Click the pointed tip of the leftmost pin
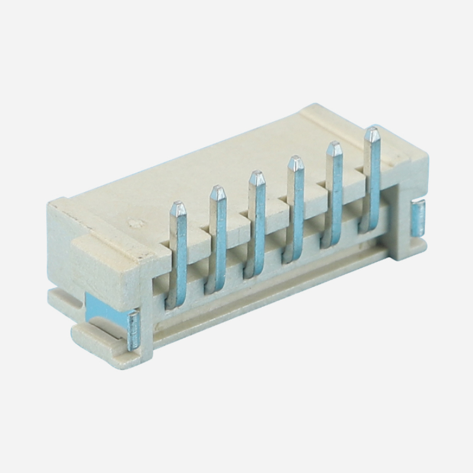tap(178, 206)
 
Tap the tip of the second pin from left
tap(218, 190)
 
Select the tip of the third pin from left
tap(257, 176)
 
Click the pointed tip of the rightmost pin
tap(372, 132)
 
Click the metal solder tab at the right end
tap(418, 216)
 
